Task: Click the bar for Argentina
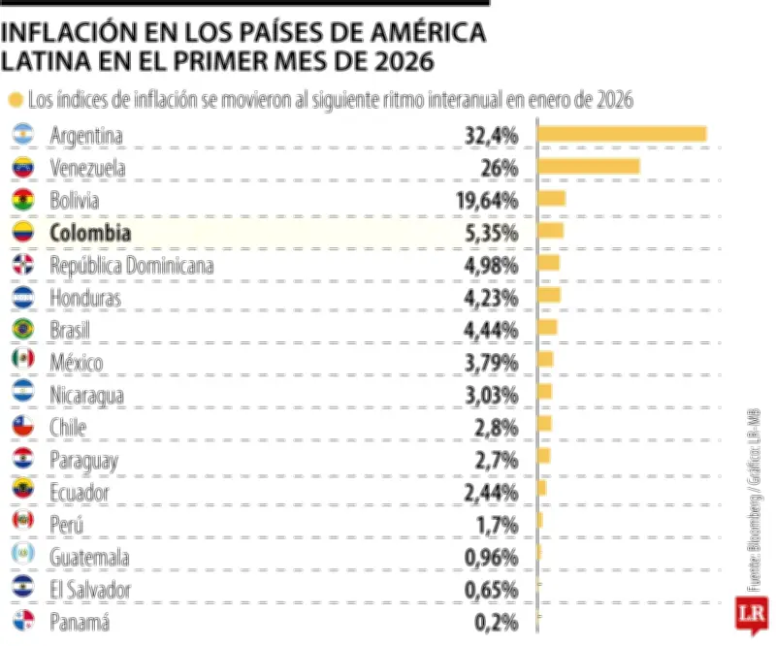[622, 134]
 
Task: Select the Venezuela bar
[588, 167]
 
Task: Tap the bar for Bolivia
[551, 199]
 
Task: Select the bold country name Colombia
[89, 233]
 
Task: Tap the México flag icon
[22, 362]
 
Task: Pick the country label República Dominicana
[131, 265]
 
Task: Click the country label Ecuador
[80, 493]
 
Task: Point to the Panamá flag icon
[22, 622]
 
